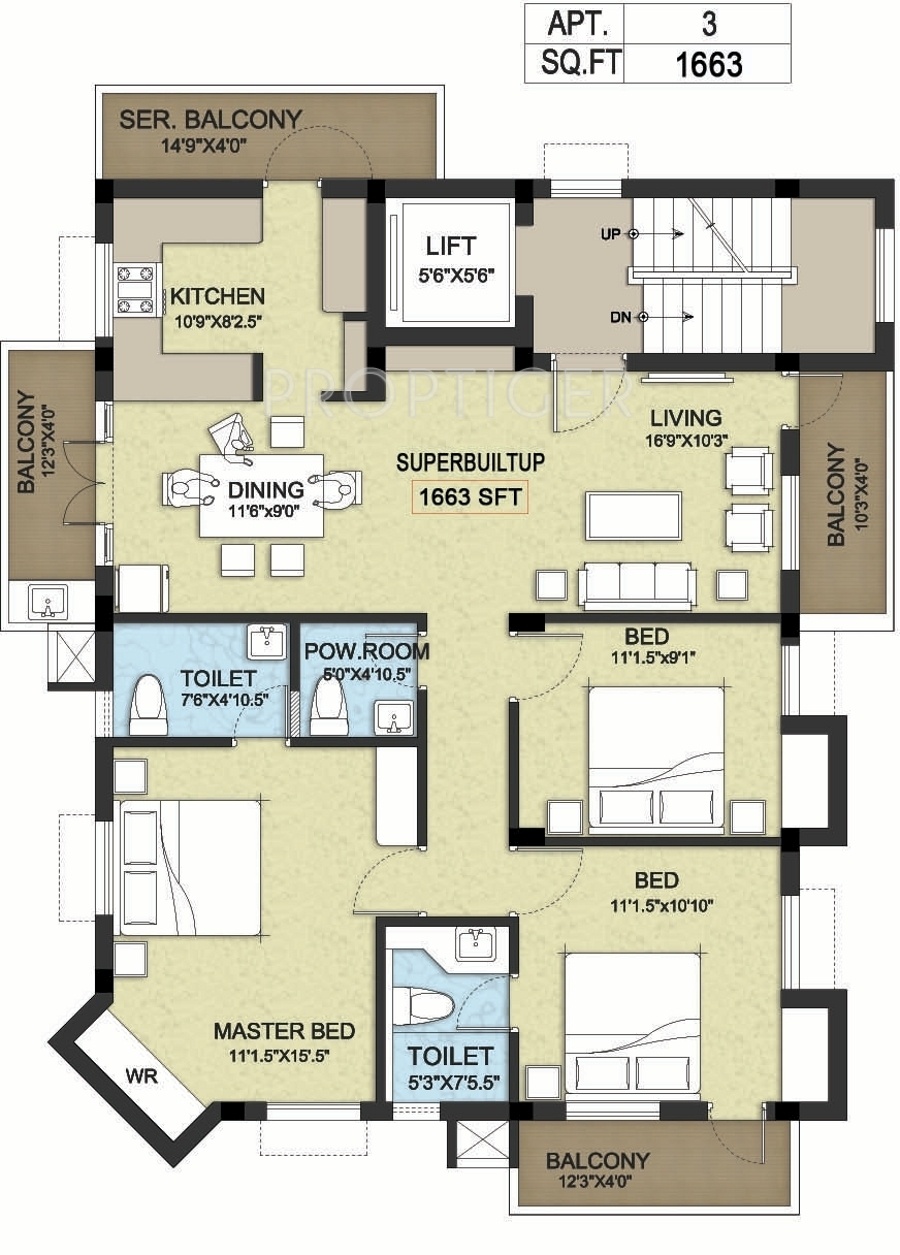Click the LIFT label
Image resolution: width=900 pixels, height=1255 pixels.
pyautogui.click(x=451, y=246)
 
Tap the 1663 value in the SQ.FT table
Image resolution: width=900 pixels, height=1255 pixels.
pyautogui.click(x=709, y=64)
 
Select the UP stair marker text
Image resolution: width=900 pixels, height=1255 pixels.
pyautogui.click(x=610, y=234)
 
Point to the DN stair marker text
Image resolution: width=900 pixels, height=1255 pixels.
pyautogui.click(x=620, y=318)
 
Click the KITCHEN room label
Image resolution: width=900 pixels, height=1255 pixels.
pyautogui.click(x=217, y=296)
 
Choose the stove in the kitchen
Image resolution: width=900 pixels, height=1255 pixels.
pyautogui.click(x=135, y=290)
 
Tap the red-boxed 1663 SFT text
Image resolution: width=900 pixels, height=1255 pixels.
pyautogui.click(x=470, y=497)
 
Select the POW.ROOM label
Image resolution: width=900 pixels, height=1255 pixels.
pyautogui.click(x=367, y=651)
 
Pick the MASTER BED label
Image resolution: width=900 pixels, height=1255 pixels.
pyautogui.click(x=285, y=1031)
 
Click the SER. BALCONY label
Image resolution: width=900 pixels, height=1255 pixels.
pyautogui.click(x=210, y=119)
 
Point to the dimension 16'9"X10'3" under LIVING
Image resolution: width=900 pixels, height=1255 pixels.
pyautogui.click(x=686, y=440)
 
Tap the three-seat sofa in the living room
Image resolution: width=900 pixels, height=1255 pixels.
pyautogui.click(x=638, y=585)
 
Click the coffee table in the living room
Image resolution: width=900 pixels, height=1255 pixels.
pyautogui.click(x=634, y=516)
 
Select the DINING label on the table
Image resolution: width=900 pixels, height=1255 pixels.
pyautogui.click(x=266, y=490)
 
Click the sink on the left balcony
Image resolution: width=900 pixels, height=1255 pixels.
pyautogui.click(x=48, y=601)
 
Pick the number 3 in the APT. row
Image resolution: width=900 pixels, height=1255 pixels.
pyautogui.click(x=709, y=25)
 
